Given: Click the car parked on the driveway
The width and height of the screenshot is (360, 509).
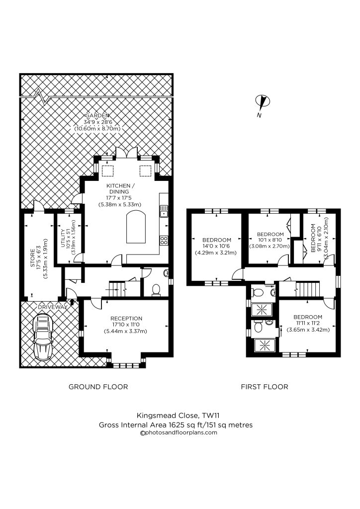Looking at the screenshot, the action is tap(43, 339).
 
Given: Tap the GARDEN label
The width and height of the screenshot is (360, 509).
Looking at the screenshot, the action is tap(96, 115).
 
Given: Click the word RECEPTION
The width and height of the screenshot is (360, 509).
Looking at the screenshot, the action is tap(126, 319).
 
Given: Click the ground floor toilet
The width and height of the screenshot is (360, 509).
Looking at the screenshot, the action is tap(156, 289).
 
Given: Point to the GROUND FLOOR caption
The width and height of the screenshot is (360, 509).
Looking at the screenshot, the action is tap(98, 387).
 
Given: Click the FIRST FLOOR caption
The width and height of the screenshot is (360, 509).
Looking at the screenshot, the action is tap(265, 387).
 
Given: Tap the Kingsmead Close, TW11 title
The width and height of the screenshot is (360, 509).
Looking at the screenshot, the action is tap(176, 416).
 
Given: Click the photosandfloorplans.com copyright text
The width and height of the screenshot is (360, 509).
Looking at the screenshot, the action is tap(179, 432).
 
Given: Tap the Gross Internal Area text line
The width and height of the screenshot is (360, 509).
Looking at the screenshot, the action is tap(176, 424).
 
